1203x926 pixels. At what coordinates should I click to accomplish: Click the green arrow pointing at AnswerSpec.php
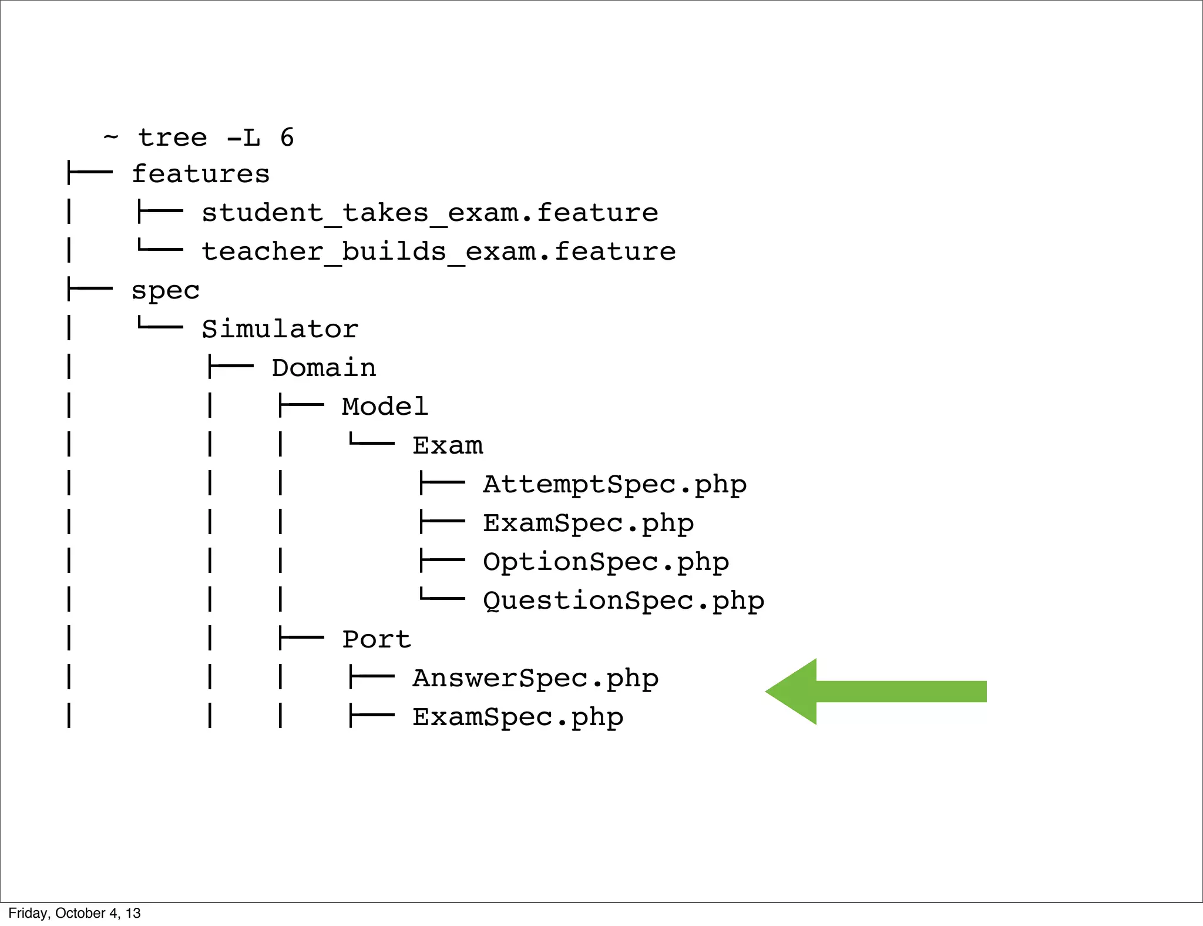coord(875,692)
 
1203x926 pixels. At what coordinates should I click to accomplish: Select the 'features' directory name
coord(200,175)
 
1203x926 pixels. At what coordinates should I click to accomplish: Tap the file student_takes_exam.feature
coord(429,213)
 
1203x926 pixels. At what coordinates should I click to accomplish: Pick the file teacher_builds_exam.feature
coord(438,251)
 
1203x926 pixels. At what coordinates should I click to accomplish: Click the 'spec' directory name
coord(165,291)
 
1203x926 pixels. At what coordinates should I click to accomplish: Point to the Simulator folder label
coord(280,329)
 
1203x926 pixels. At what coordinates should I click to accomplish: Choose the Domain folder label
coord(324,368)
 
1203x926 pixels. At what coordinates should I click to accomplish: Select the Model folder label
coord(385,407)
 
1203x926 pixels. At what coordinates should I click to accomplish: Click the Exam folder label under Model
coord(448,445)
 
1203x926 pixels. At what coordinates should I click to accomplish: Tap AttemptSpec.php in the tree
coord(614,485)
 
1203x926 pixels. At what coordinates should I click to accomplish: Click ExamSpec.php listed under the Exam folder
coord(588,524)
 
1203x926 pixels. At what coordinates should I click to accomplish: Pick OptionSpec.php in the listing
coord(606,562)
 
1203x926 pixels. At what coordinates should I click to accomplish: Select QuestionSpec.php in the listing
coord(623,601)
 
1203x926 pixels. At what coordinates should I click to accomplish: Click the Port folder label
coord(377,639)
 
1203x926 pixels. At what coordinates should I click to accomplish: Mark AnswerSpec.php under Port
coord(535,679)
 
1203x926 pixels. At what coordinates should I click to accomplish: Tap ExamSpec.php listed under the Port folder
coord(518,717)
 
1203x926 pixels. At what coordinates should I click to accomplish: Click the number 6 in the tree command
coord(287,137)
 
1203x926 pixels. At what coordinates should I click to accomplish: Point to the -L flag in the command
coord(243,137)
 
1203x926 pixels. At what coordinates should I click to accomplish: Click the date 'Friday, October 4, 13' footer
coord(75,913)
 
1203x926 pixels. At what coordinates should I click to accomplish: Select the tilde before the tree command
coord(110,137)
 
